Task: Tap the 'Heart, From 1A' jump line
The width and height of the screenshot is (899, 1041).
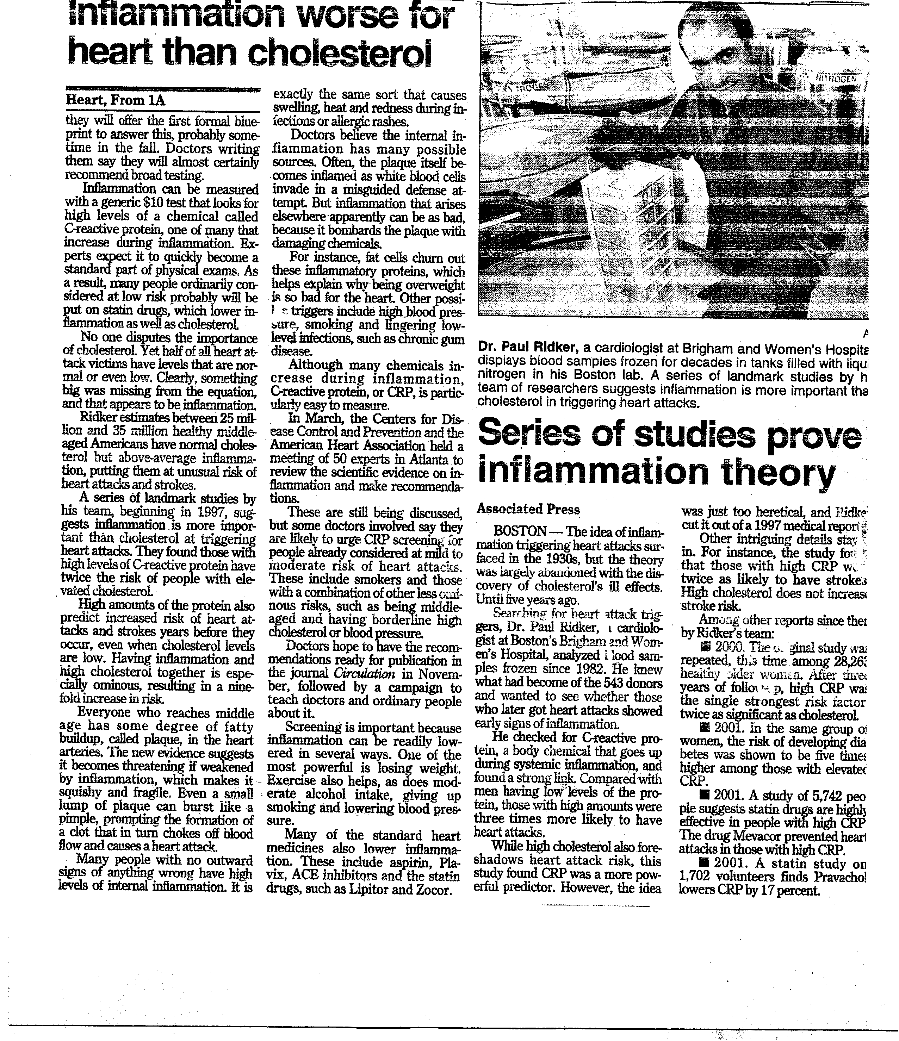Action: click(116, 100)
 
